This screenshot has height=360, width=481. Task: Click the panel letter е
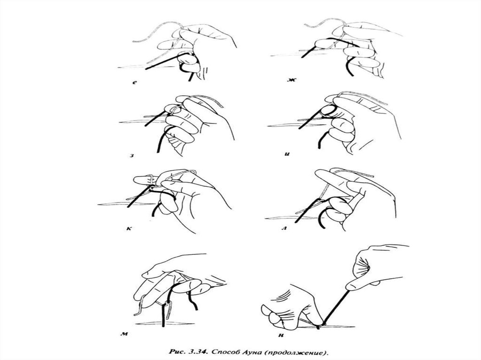(x=135, y=82)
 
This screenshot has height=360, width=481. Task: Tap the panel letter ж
(x=291, y=80)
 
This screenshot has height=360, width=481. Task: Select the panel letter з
(x=132, y=155)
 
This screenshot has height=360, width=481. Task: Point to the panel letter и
(x=287, y=154)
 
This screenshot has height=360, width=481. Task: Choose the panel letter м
(x=124, y=334)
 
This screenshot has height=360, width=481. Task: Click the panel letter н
(x=281, y=335)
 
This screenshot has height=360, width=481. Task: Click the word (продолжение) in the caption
(x=295, y=353)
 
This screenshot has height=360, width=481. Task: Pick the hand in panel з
(x=196, y=123)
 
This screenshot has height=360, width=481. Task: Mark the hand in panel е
(x=196, y=49)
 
